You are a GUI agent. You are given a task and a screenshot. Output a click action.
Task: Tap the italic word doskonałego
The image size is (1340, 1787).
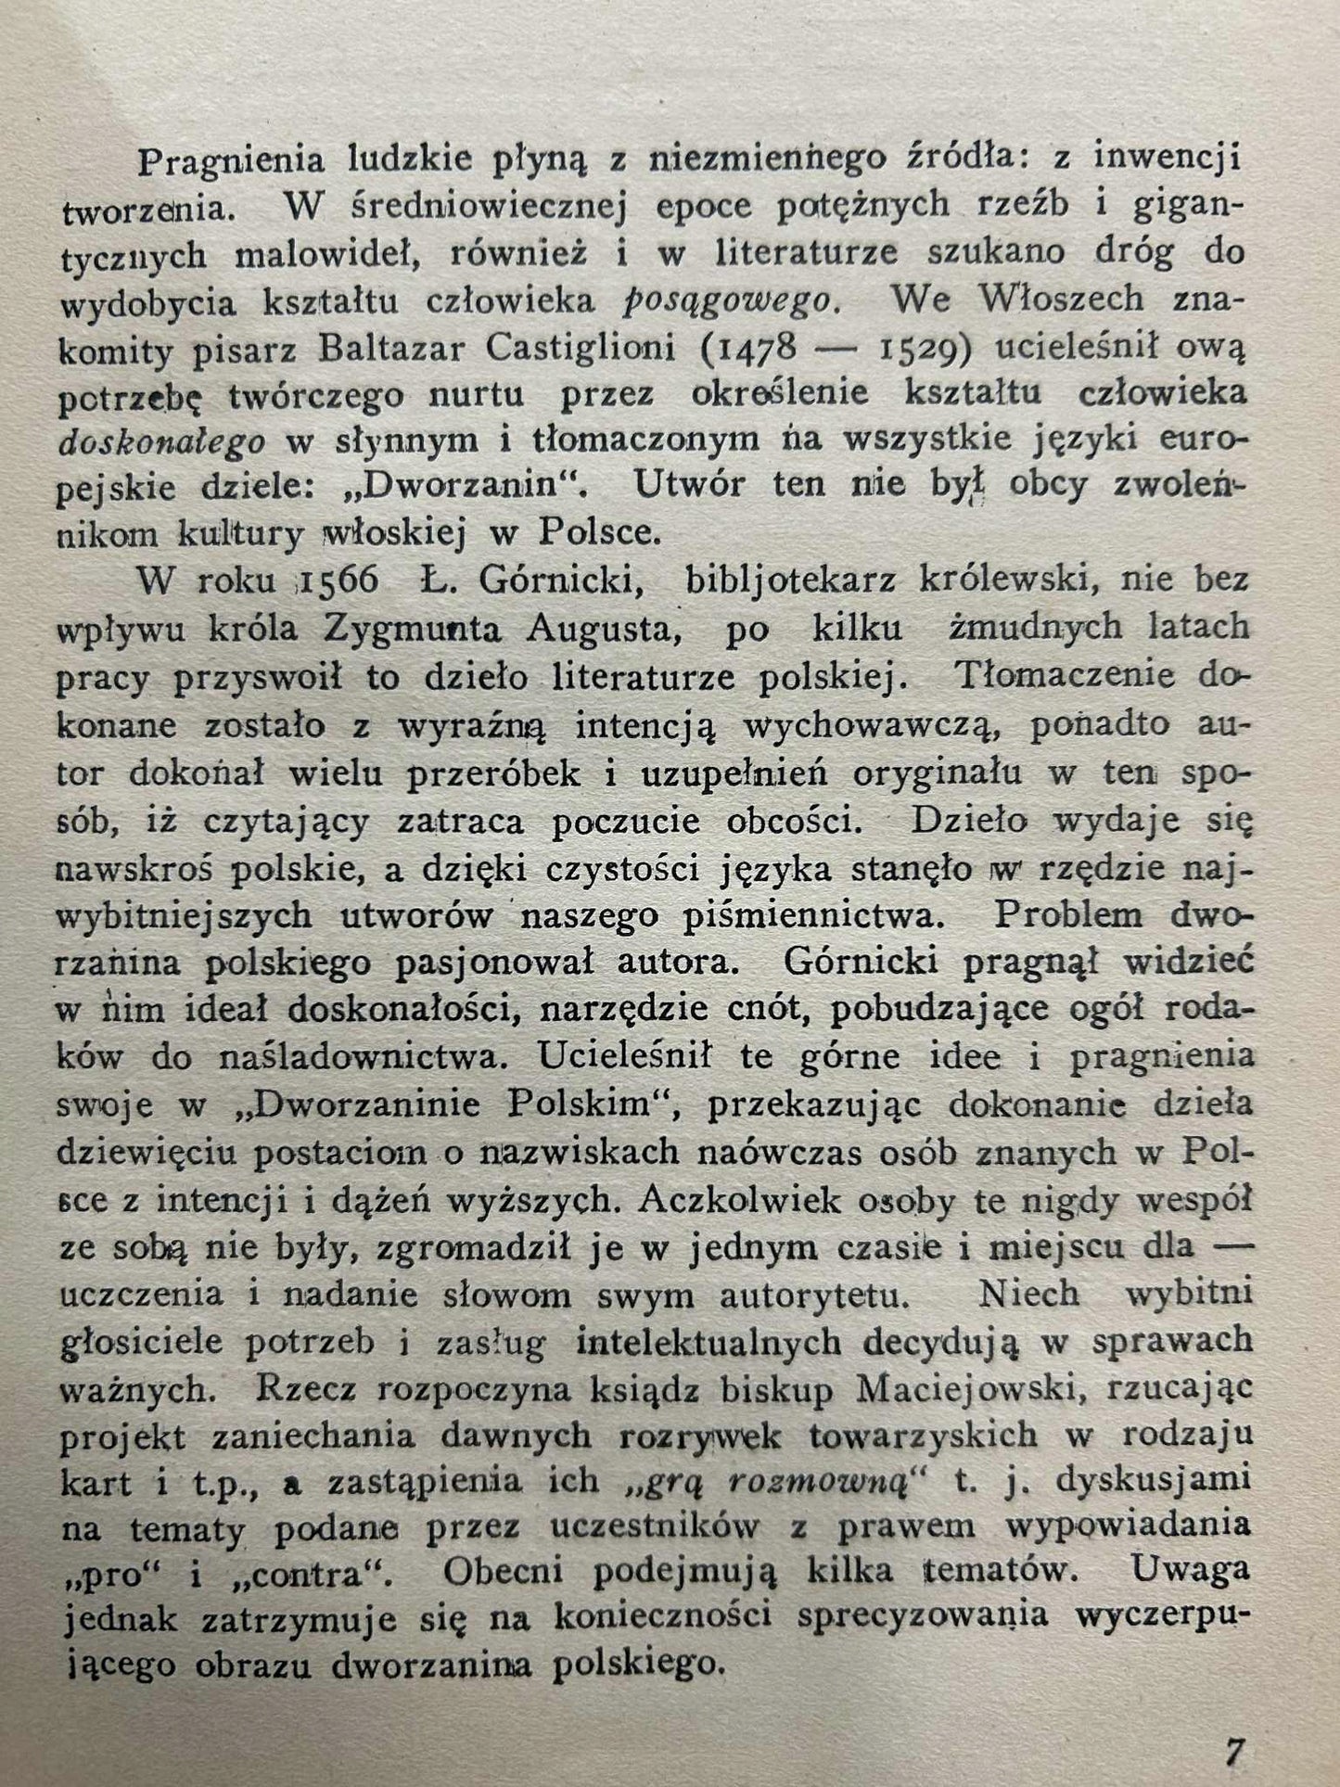point(161,442)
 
